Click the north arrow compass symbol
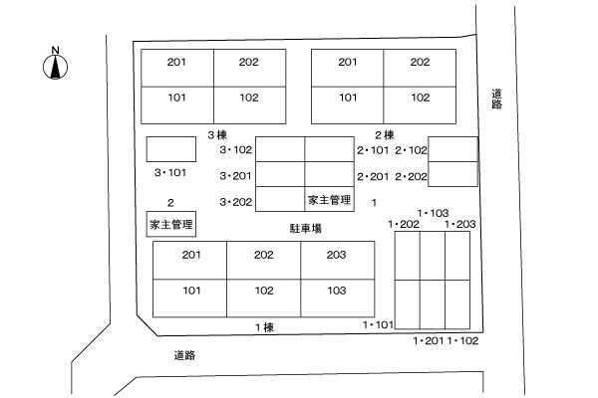tap(57, 65)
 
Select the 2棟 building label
tap(385, 134)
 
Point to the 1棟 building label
tap(263, 327)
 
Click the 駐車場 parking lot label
tap(305, 228)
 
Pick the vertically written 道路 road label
tap(496, 99)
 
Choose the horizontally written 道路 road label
tap(183, 355)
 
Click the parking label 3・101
tap(170, 172)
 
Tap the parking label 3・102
tap(236, 150)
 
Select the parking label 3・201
tap(236, 176)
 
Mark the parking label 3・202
tap(236, 202)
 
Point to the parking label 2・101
tap(373, 150)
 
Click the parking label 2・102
tap(411, 150)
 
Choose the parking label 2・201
tap(373, 176)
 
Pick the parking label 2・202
tap(411, 176)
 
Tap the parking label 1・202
tap(403, 225)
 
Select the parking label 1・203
tap(460, 225)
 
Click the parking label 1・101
tap(378, 324)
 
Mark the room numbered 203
tap(337, 256)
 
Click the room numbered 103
tap(337, 293)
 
